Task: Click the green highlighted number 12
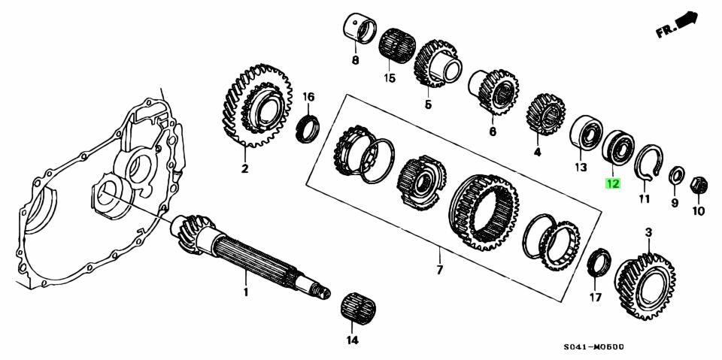612,183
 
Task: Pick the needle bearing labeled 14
358,307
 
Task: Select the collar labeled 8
360,29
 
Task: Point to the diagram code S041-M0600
594,347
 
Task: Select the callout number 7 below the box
440,269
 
